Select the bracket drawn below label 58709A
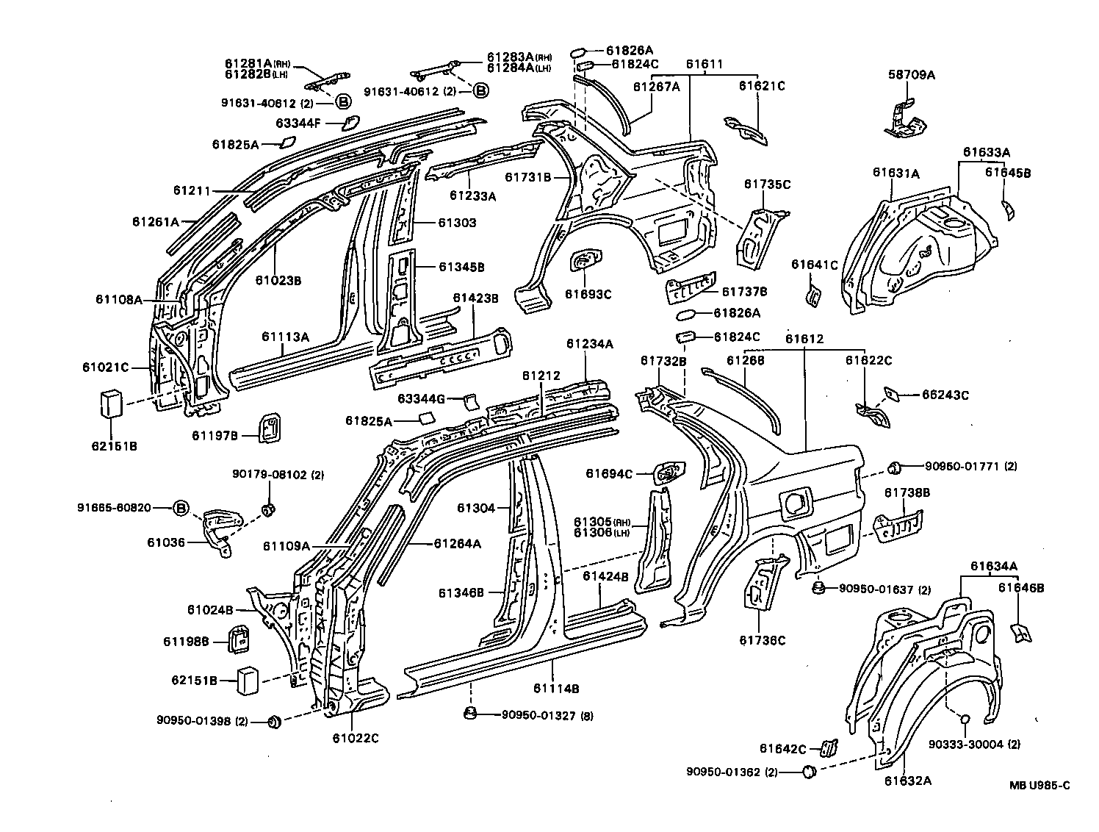(903, 119)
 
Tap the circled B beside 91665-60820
(181, 507)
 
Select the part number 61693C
(588, 294)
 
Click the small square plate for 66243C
(893, 394)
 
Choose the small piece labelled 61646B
(1020, 631)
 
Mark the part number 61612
(804, 339)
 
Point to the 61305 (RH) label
(600, 521)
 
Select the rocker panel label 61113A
(285, 337)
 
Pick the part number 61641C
(814, 265)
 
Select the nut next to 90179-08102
(269, 509)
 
